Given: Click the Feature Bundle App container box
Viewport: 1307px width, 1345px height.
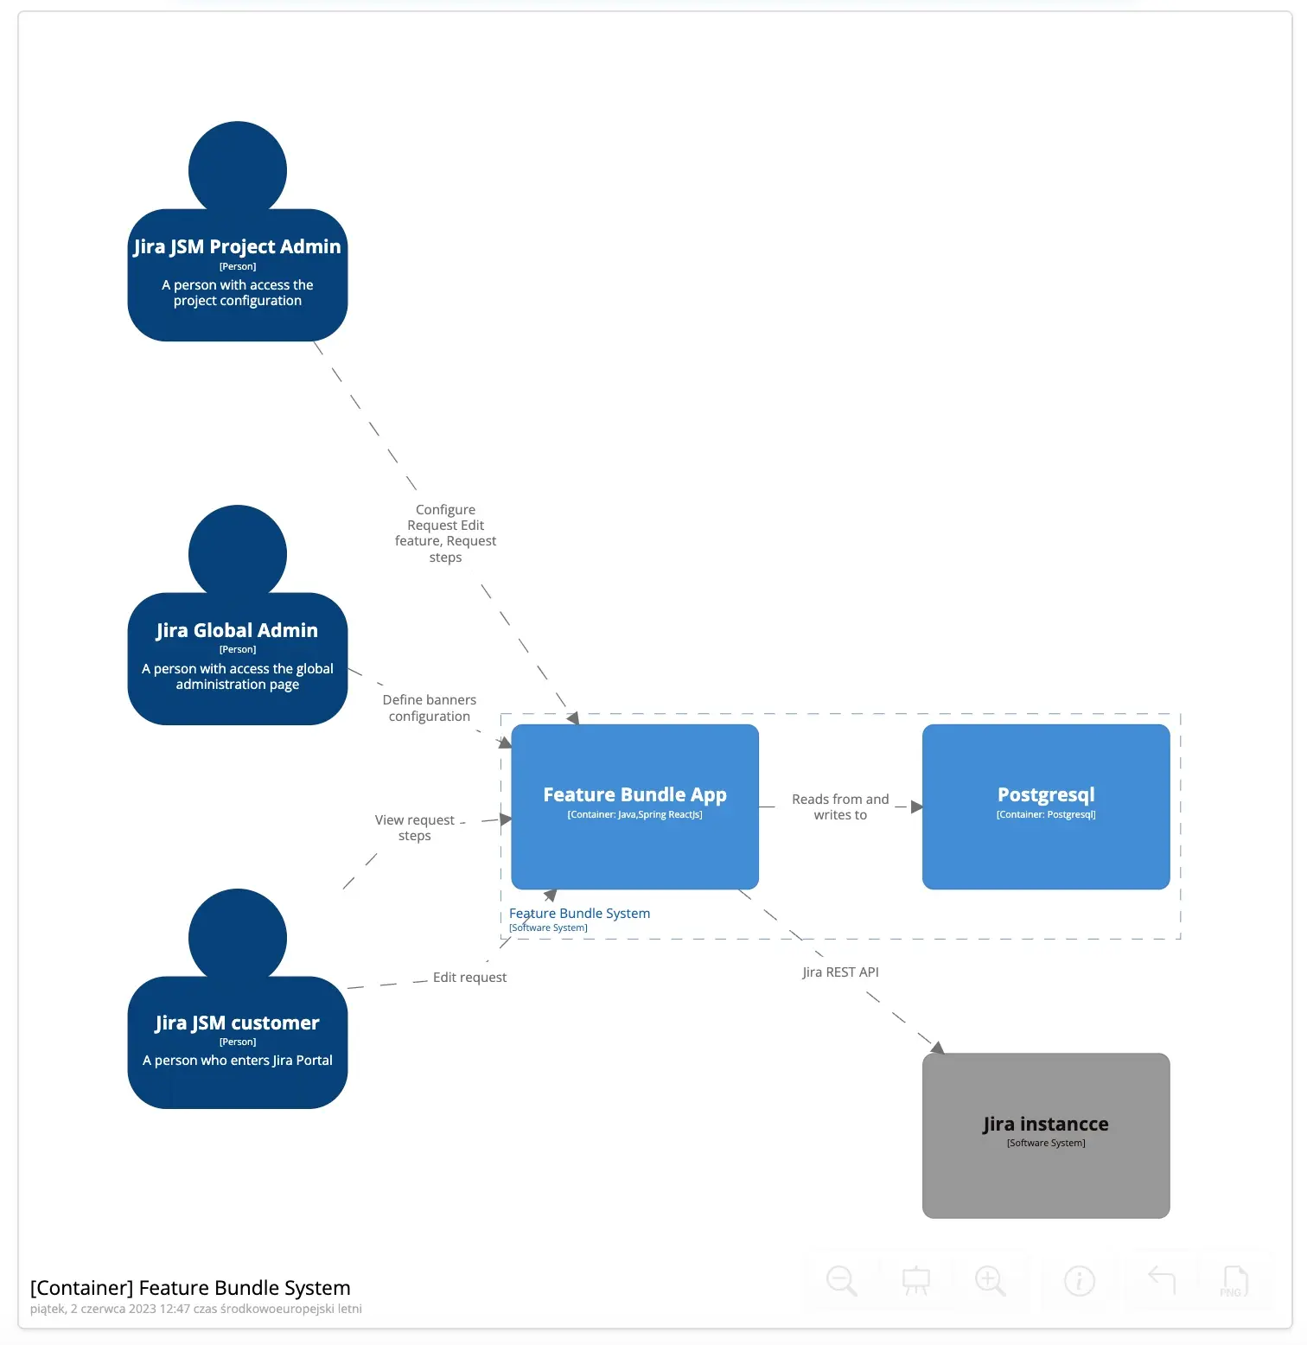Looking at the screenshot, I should pos(634,806).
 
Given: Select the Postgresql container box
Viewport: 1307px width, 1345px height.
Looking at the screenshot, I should pos(1046,806).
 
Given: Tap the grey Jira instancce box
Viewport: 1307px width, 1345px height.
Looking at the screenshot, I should pos(1046,1134).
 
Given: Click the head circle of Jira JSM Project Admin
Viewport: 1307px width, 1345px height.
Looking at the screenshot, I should pos(238,169).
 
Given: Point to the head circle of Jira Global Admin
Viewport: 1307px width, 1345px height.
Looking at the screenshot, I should pos(238,552).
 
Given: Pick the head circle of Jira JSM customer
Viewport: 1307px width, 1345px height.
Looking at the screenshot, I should pos(238,936).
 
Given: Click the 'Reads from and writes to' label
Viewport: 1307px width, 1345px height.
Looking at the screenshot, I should pos(840,806).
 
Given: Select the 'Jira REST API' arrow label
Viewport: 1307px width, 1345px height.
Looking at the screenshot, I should pos(840,972).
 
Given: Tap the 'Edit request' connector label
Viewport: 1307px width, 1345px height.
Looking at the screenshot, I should pos(469,977).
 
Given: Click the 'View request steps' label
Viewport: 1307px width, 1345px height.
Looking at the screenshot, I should pos(415,827).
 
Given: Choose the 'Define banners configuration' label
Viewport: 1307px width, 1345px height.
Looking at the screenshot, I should pos(430,707).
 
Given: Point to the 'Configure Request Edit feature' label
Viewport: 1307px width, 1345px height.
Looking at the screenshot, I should pos(445,532).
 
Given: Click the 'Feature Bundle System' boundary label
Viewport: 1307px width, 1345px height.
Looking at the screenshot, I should pos(579,913).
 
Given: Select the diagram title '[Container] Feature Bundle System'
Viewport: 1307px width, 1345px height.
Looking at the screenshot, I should pos(190,1287).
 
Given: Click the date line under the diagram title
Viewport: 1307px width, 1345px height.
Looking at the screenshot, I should pos(195,1309).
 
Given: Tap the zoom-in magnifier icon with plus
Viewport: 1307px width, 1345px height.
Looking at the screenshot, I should pos(990,1280).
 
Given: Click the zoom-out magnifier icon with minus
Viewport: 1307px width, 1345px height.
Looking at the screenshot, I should pos(841,1280).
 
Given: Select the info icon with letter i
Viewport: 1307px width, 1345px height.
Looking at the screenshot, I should pos(1079,1280).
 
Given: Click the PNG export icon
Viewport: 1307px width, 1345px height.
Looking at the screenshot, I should pos(1234,1280).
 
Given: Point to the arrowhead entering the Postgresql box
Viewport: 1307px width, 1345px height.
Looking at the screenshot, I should pos(916,806).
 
